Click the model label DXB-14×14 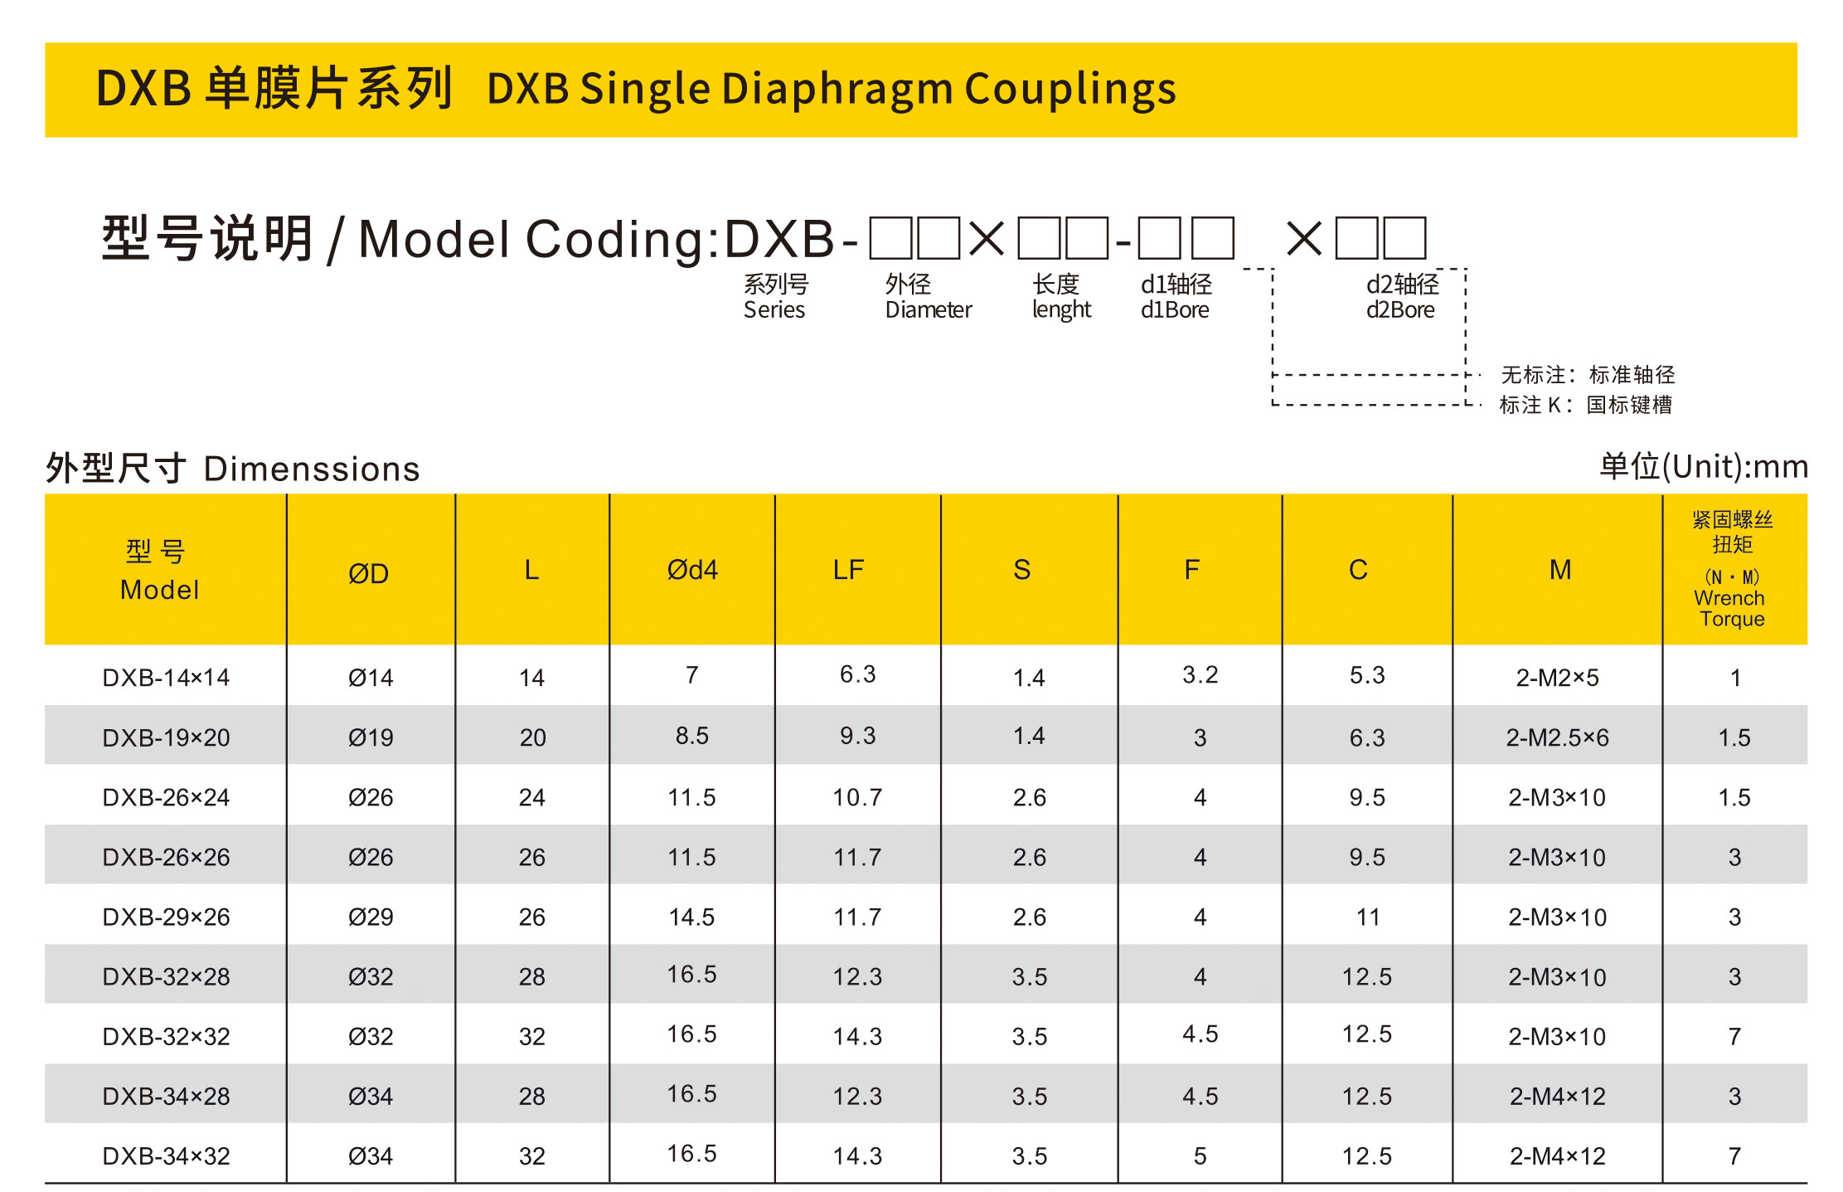(x=166, y=678)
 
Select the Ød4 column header (x=692, y=570)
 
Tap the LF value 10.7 (x=857, y=797)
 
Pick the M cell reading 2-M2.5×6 (x=1557, y=737)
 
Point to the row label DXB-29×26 (x=166, y=917)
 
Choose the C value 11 (x=1367, y=917)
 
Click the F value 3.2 (x=1200, y=674)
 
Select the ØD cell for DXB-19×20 (x=370, y=737)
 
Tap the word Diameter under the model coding (x=928, y=310)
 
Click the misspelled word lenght (x=1061, y=310)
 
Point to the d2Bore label (x=1400, y=310)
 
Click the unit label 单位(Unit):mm (x=1703, y=467)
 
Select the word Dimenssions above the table (x=312, y=470)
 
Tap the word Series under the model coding (x=774, y=310)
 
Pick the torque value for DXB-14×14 (x=1734, y=678)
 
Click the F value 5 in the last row (x=1200, y=1156)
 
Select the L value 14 (x=531, y=678)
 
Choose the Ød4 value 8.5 (x=691, y=736)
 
